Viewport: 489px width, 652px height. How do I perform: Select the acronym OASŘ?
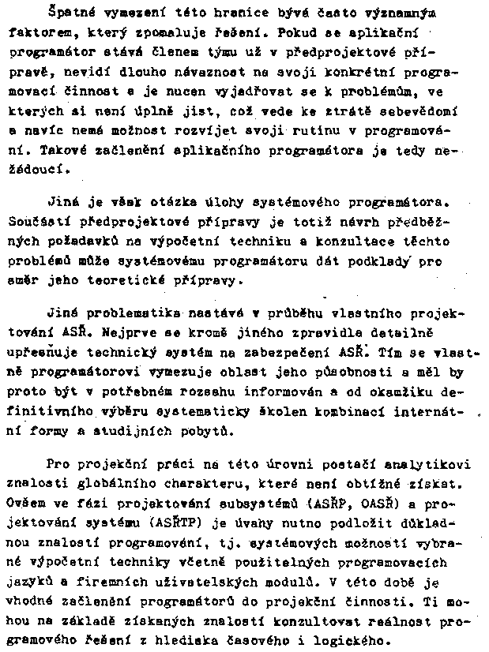[x=376, y=502]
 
